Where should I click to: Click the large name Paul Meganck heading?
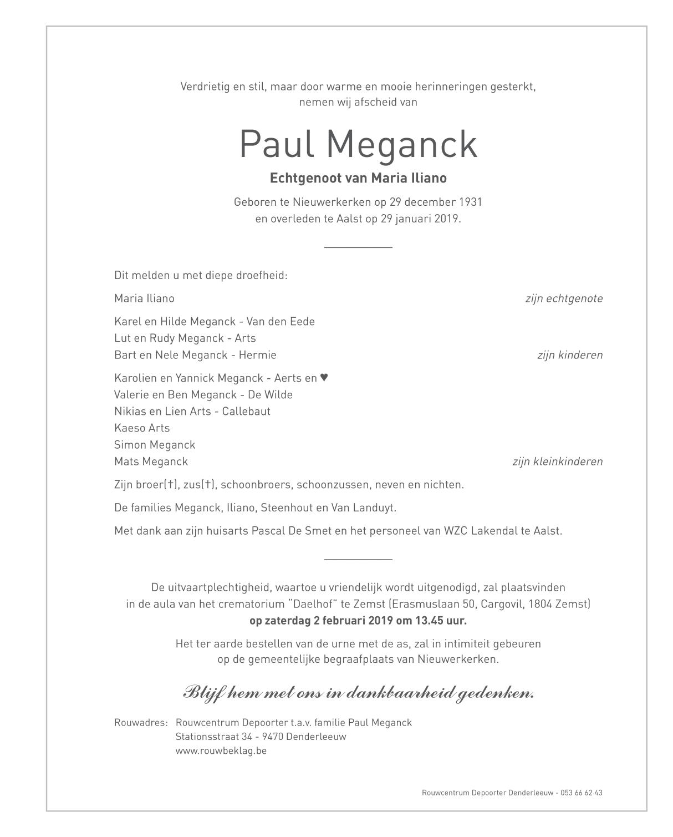tap(358, 144)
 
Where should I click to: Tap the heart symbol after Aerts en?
tap(324, 378)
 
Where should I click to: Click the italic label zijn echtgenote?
tap(563, 298)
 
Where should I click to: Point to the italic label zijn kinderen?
tap(569, 355)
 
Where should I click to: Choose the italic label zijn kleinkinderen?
tap(557, 461)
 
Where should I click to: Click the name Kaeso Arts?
tap(142, 428)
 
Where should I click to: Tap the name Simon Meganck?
tap(155, 444)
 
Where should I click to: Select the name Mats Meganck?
tap(151, 461)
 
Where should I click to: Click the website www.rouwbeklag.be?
tap(221, 750)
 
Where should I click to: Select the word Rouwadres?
tap(140, 723)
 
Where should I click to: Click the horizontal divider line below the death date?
tap(358, 247)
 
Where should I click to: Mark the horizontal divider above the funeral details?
tap(358, 560)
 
